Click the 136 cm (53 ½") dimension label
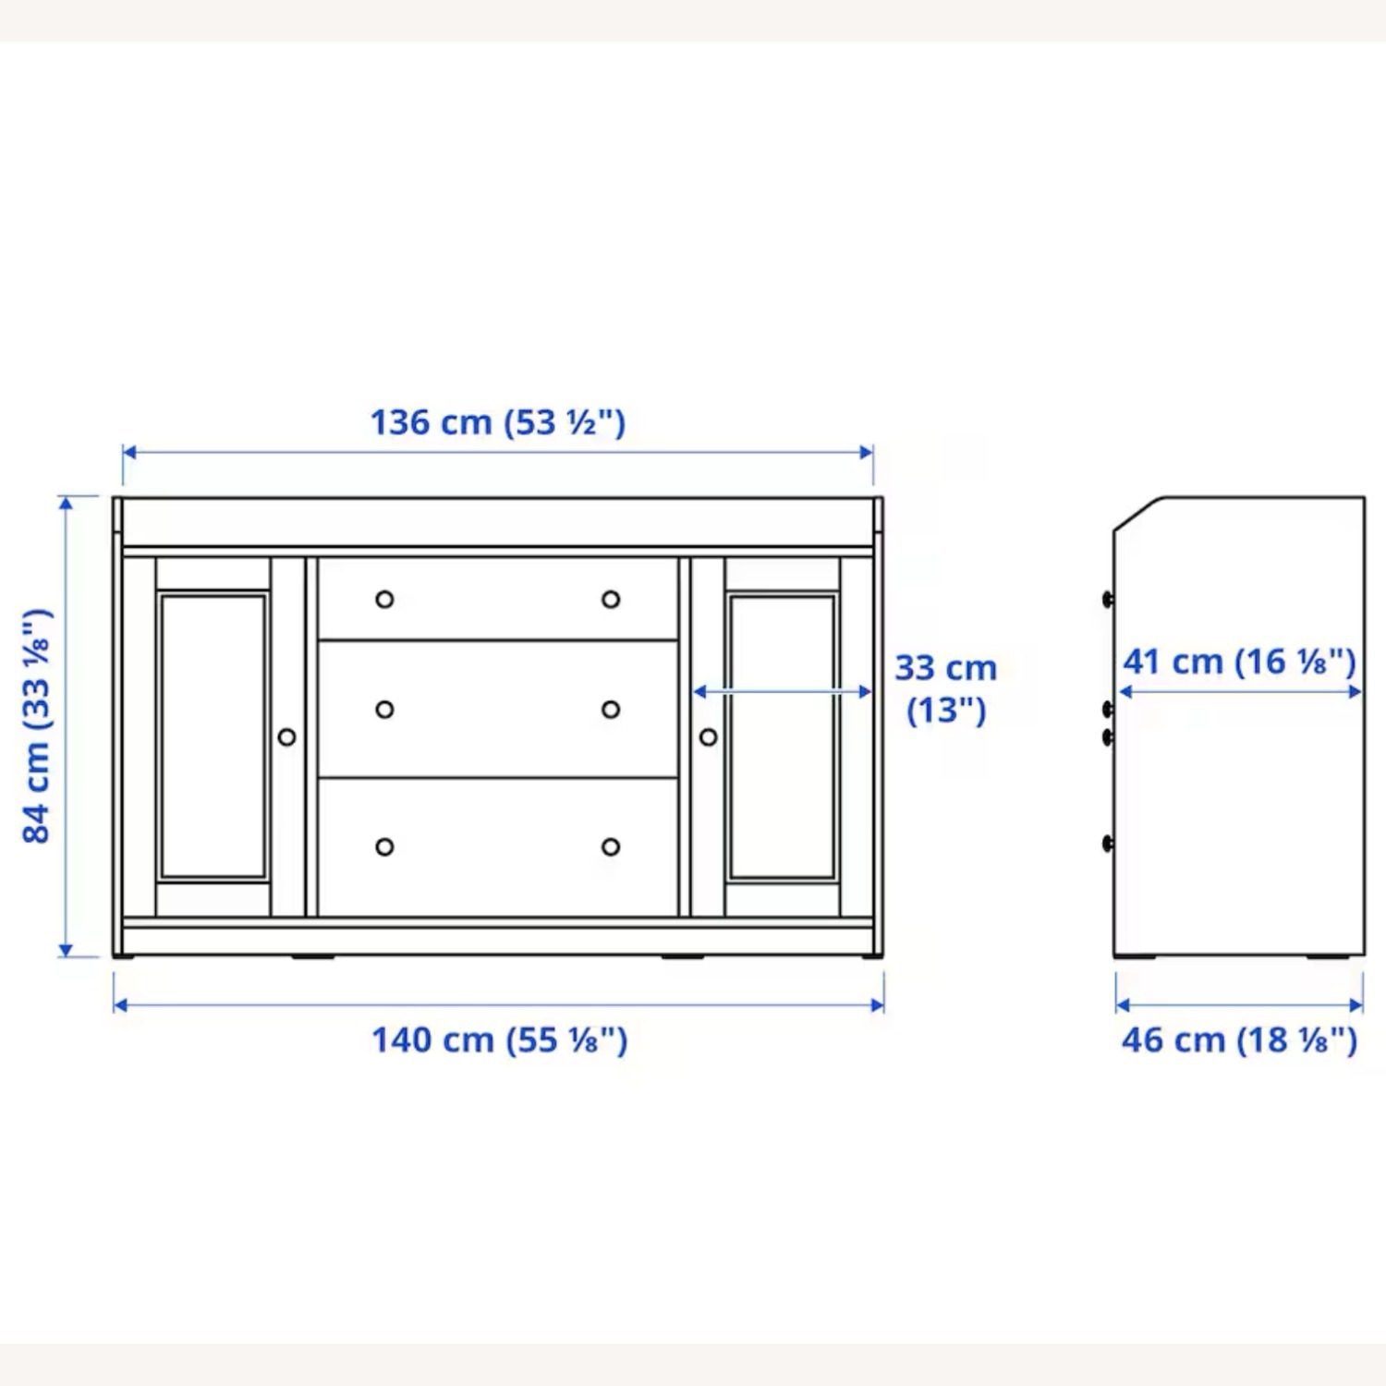click(498, 423)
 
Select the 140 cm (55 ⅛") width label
click(499, 1040)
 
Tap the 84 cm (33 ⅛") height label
click(37, 726)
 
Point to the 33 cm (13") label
click(945, 688)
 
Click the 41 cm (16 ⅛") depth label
click(1239, 662)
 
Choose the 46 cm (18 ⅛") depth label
click(1239, 1040)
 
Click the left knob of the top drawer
click(384, 600)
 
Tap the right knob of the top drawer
click(611, 600)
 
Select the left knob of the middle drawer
click(384, 710)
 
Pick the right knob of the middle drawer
click(611, 710)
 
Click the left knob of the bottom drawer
click(384, 847)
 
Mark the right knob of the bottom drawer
click(611, 847)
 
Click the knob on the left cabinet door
click(286, 737)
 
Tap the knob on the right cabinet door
click(709, 737)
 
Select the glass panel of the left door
click(213, 736)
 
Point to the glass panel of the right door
click(783, 736)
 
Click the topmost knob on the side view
click(1109, 600)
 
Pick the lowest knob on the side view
click(1109, 843)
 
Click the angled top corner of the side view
click(1137, 514)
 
